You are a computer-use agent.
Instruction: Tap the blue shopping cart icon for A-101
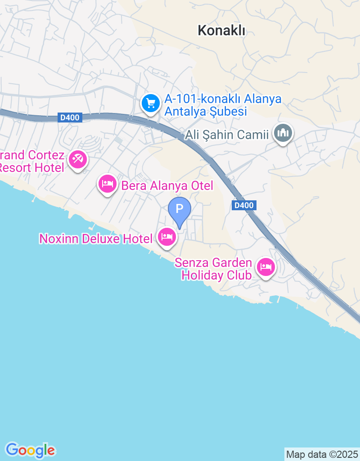[x=150, y=104]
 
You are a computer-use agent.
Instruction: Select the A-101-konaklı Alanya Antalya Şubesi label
[x=223, y=105]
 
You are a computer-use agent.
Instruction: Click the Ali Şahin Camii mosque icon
[x=283, y=133]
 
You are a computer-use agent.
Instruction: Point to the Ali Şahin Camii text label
[x=227, y=135]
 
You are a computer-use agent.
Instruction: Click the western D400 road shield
[x=70, y=118]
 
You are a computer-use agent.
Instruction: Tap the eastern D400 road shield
[x=244, y=205]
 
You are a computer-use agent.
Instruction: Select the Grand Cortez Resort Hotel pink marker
[x=78, y=159]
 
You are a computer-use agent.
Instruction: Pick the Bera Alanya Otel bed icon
[x=108, y=184]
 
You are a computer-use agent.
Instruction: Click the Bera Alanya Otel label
[x=166, y=185]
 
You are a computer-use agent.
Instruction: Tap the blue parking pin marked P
[x=180, y=209]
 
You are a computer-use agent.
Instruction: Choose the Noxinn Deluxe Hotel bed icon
[x=167, y=236]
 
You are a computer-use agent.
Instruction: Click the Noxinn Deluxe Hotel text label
[x=96, y=239]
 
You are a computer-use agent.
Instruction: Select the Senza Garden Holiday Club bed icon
[x=266, y=267]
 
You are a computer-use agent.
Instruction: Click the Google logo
[x=30, y=450]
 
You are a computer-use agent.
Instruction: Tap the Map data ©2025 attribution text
[x=322, y=454]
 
